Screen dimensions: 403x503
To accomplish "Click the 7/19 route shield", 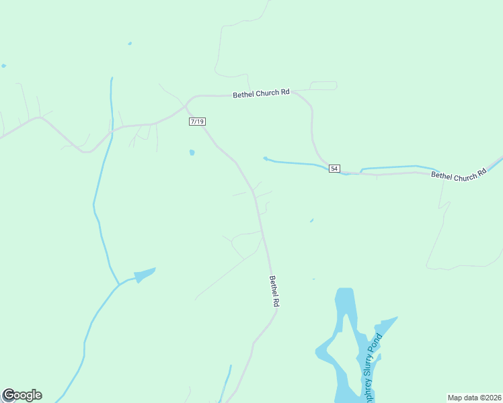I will point(197,122).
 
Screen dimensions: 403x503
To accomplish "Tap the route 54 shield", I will point(334,168).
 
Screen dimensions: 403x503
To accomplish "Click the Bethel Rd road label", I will point(274,291).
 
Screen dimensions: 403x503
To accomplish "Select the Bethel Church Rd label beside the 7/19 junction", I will point(261,94).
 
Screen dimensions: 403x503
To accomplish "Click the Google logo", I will point(22,395).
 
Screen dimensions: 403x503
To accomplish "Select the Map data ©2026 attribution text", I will point(475,397).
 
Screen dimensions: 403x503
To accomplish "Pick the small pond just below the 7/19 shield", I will point(192,152).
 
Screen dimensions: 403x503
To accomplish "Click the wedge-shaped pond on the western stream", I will point(145,274).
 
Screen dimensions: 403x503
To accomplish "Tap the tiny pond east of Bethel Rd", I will point(311,220).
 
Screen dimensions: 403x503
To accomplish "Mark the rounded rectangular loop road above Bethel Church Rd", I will point(323,85).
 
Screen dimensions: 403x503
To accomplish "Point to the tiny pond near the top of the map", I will point(130,44).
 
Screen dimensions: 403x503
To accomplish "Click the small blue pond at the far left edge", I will point(3,66).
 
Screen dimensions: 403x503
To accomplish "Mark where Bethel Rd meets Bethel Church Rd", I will point(186,105).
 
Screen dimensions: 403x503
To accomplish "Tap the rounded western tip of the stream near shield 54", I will point(266,159).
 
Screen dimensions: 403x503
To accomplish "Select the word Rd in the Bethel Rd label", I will point(276,302).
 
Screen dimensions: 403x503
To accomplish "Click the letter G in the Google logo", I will point(9,395).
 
